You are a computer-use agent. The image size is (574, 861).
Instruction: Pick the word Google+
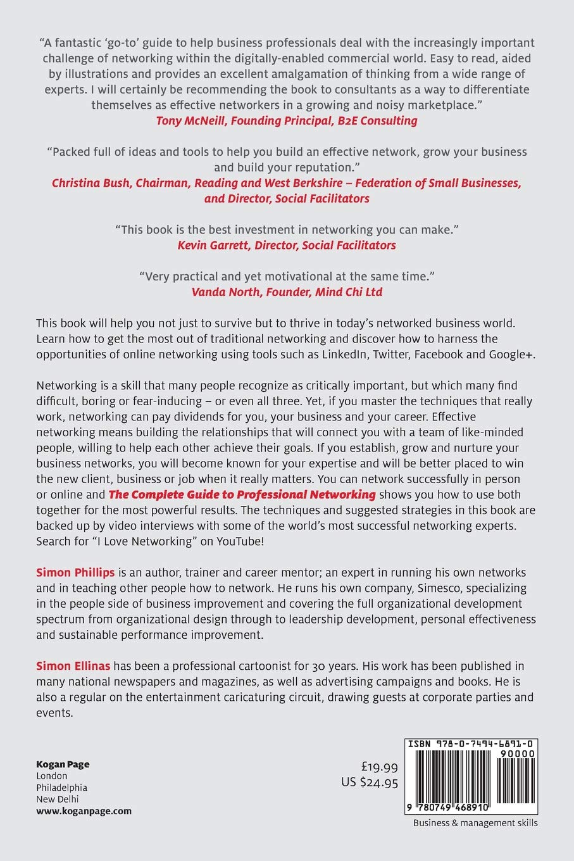[511, 355]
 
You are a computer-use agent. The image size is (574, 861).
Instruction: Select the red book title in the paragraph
[242, 494]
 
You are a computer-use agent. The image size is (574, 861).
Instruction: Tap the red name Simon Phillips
[75, 572]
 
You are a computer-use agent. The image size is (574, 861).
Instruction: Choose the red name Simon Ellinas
[73, 666]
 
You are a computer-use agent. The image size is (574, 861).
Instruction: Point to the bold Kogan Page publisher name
[63, 764]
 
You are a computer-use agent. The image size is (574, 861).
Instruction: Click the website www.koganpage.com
[84, 811]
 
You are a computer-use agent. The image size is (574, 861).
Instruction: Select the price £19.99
[379, 767]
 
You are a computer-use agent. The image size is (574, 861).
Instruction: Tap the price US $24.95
[370, 782]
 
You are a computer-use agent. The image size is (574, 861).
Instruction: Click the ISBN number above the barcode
[471, 744]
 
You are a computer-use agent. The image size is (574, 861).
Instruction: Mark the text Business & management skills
[475, 823]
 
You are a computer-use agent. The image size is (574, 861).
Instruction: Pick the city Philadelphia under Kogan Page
[61, 788]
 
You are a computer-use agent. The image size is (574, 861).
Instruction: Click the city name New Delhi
[58, 799]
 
